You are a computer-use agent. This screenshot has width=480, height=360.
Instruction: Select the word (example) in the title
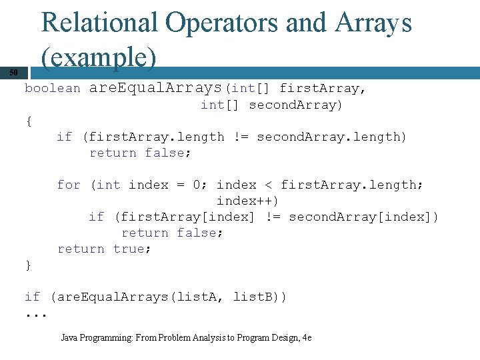[x=99, y=59]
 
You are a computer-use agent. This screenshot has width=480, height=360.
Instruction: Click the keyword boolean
[x=53, y=88]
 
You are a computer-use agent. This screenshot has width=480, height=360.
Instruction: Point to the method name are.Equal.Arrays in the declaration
[x=155, y=88]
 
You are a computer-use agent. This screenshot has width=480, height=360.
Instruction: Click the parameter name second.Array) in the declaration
[x=295, y=105]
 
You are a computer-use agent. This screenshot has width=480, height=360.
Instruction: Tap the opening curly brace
[x=28, y=121]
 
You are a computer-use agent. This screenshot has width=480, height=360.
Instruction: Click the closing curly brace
[x=28, y=265]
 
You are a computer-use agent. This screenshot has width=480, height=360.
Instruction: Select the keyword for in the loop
[x=69, y=185]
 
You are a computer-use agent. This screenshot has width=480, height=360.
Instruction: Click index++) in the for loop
[x=247, y=201]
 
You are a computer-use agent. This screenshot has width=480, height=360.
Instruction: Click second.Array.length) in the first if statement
[x=331, y=137]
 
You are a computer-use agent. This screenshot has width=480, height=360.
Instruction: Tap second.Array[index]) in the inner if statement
[x=363, y=217]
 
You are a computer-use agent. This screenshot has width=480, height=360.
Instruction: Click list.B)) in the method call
[x=260, y=297]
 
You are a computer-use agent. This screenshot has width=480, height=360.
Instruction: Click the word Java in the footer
[x=69, y=338]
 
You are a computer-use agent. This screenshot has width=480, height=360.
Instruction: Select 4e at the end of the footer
[x=307, y=338]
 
